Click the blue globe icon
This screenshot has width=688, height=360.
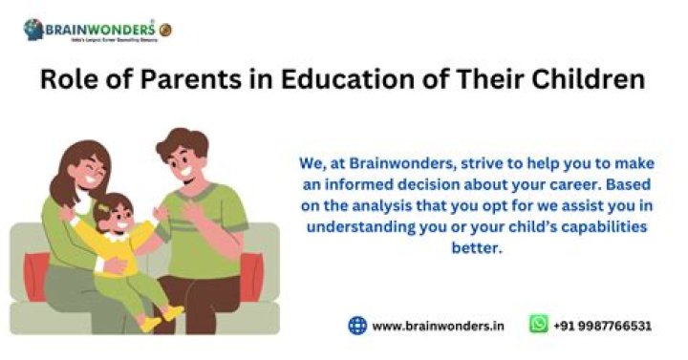357,325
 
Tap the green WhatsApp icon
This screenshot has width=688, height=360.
539,325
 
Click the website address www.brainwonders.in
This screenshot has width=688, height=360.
439,326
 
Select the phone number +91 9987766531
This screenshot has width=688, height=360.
603,326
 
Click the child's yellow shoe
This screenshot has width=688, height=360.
171,312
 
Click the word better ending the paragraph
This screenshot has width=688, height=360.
476,248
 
